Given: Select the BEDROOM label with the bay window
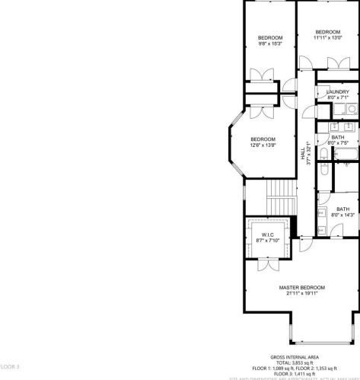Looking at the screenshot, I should point(263,139).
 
